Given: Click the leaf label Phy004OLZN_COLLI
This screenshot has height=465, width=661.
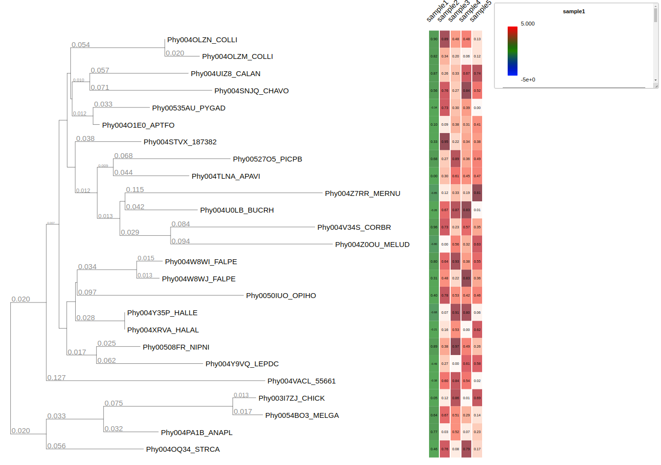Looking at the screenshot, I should [202, 40].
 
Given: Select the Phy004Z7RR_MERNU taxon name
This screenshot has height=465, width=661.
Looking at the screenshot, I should [362, 193].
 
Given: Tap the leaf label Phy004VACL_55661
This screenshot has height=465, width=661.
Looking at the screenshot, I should [301, 381].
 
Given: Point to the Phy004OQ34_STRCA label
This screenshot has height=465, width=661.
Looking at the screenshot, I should [183, 449].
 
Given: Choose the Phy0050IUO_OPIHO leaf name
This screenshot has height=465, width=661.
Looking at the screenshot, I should [281, 296].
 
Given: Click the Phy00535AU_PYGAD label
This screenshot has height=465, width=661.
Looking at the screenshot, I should [189, 108].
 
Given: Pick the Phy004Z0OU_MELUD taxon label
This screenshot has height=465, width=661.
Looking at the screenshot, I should [372, 245].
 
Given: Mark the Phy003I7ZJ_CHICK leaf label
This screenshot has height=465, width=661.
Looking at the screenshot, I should [291, 398].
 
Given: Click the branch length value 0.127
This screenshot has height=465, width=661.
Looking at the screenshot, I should [57, 378].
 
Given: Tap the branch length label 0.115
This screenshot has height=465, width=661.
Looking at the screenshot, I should [135, 190].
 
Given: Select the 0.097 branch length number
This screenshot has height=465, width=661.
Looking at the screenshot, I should [87, 292].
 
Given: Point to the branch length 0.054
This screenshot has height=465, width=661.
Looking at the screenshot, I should [81, 45].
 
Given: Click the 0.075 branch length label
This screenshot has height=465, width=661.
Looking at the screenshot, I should [114, 403].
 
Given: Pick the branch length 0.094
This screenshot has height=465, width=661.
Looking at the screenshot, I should [180, 241].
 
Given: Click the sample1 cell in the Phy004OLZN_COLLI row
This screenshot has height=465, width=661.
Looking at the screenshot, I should [434, 39].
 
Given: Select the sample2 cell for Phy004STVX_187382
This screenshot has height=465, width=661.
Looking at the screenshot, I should [445, 142].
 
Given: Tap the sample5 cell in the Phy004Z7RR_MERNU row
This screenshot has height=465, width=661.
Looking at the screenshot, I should [477, 193].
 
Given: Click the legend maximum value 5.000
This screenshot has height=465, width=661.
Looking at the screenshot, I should [528, 24].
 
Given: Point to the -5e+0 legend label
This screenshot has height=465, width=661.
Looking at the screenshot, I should [528, 80].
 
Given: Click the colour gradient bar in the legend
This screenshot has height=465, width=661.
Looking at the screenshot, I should [513, 51].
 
